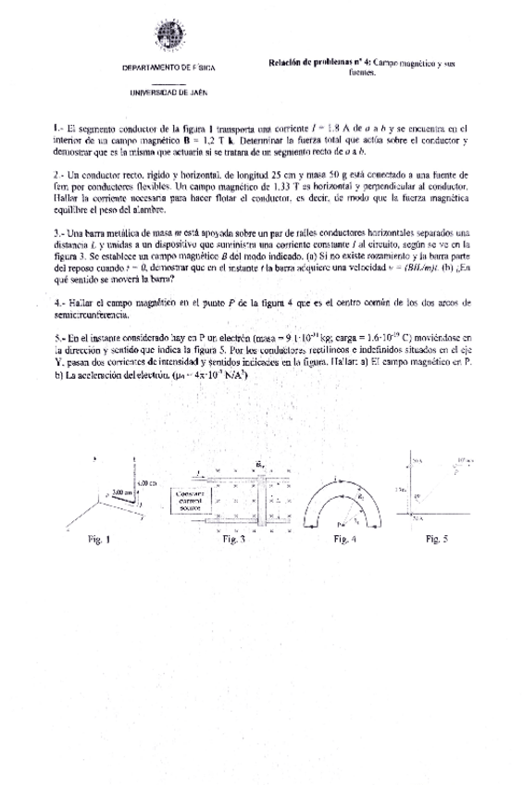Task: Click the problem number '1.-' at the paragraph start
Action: coord(58,130)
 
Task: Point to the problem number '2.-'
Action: coord(59,174)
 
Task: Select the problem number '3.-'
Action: coord(59,231)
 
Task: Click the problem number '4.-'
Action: coord(59,303)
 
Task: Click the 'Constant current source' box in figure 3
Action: coord(190,501)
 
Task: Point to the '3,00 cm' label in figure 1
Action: coord(121,492)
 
